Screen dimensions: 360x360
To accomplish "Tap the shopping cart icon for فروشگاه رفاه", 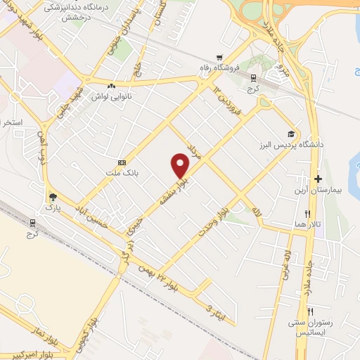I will coord(221,57).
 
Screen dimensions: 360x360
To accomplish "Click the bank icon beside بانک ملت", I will coord(122,162).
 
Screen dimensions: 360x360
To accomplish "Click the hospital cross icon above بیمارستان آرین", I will coord(317,179).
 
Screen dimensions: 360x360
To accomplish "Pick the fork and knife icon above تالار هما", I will coord(307,213).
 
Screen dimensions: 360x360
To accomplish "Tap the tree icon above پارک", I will coord(51,197).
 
